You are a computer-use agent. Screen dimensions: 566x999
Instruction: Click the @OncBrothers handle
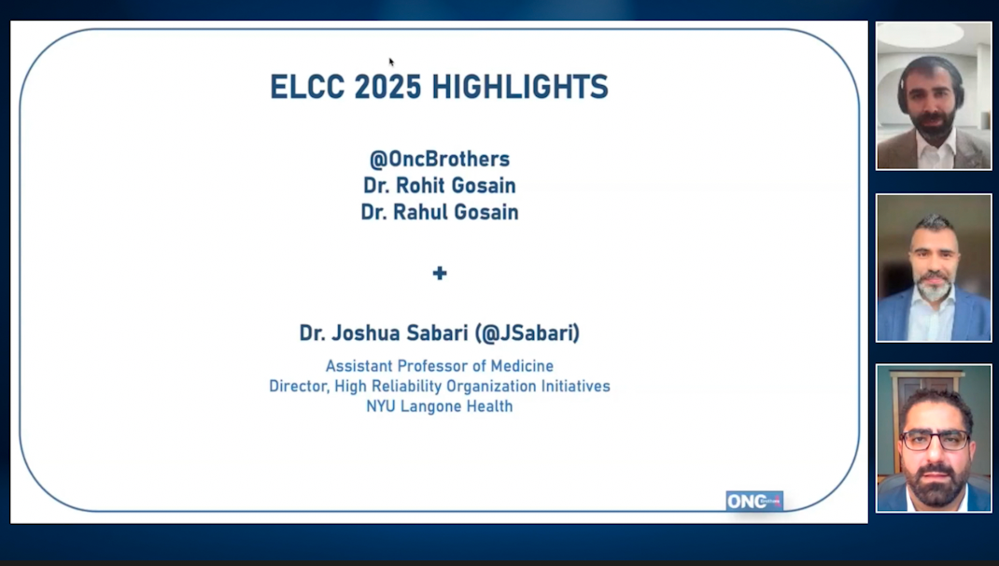click(440, 159)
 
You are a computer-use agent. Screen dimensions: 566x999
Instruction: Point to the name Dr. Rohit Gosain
click(440, 186)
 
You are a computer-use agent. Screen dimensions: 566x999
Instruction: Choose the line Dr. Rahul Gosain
click(440, 213)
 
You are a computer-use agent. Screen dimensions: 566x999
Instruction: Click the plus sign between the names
click(440, 273)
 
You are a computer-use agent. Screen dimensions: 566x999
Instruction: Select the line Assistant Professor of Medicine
click(440, 366)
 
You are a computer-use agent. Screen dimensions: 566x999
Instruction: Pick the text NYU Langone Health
click(440, 406)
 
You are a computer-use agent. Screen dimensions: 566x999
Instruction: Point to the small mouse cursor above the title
click(391, 62)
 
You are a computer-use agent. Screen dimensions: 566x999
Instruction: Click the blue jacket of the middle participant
click(896, 322)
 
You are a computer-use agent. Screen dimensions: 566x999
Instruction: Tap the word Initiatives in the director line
click(577, 386)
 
